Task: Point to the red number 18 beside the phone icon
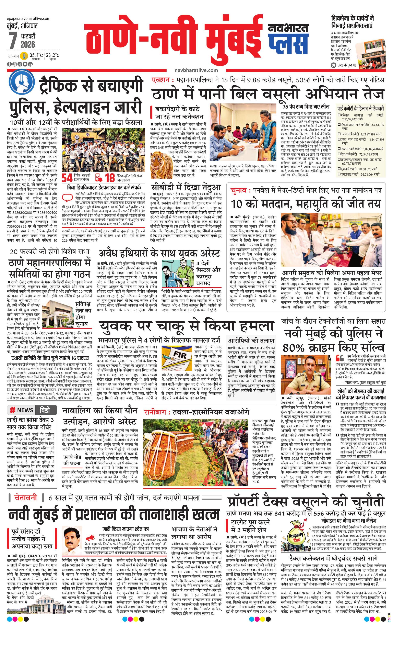click(110, 178)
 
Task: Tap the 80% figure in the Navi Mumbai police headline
click(297, 348)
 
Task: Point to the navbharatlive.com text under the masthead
click(196, 70)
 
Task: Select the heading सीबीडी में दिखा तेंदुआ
click(186, 187)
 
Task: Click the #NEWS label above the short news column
click(22, 410)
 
